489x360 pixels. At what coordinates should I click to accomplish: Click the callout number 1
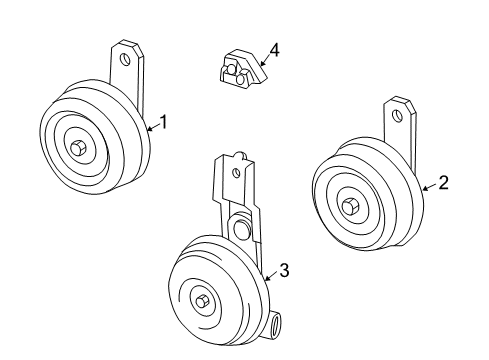pyautogui.click(x=164, y=123)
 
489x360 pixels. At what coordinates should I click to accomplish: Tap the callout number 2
pyautogui.click(x=443, y=183)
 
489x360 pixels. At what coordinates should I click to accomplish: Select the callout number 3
pyautogui.click(x=284, y=270)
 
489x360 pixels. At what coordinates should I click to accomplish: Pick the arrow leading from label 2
pyautogui.click(x=429, y=186)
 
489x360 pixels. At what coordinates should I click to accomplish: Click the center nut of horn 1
pyautogui.click(x=78, y=147)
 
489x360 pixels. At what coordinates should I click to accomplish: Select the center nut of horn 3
pyautogui.click(x=203, y=301)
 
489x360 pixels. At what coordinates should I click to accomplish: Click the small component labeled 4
pyautogui.click(x=237, y=67)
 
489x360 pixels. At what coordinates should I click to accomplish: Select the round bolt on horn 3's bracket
pyautogui.click(x=240, y=230)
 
